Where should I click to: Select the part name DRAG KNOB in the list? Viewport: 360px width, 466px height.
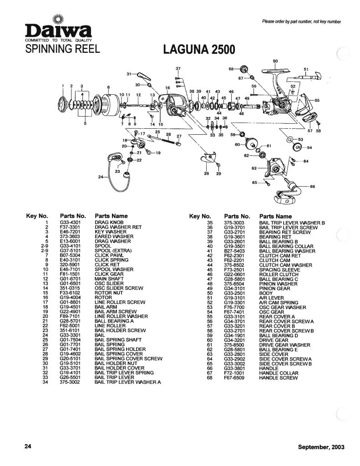click(x=106, y=222)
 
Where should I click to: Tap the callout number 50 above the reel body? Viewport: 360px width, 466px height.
click(x=275, y=61)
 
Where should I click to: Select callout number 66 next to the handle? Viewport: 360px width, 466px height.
click(x=312, y=186)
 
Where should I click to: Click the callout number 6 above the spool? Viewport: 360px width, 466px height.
click(x=109, y=87)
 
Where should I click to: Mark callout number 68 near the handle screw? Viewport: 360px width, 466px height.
click(x=231, y=69)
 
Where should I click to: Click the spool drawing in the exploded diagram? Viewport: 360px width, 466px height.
click(x=108, y=105)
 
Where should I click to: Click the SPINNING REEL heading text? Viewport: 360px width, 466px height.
click(x=45, y=50)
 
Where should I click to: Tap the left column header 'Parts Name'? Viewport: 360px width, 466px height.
click(x=111, y=216)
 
